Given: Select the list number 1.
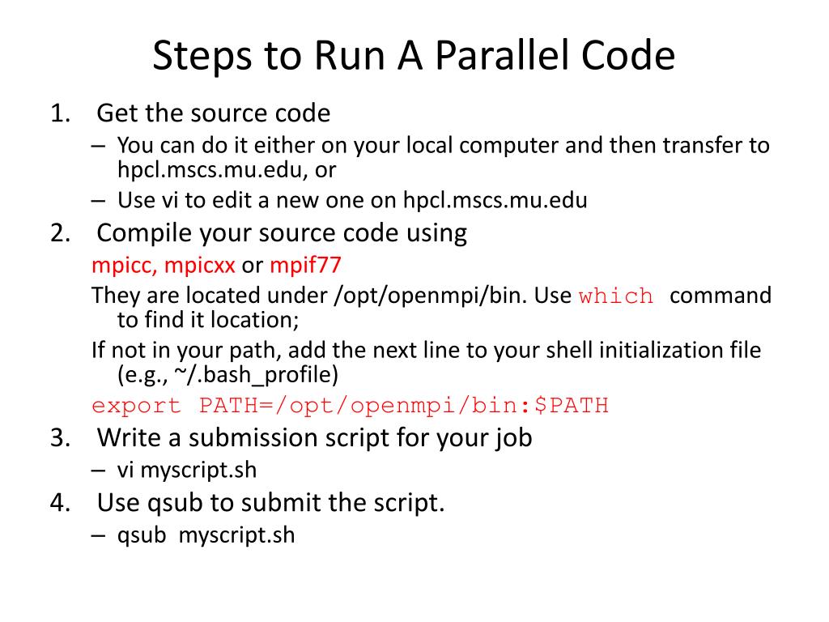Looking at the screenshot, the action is coord(59,113).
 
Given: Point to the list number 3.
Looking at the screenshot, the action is coord(59,438).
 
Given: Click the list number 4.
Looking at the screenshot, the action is coord(59,503).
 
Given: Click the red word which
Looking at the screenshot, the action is coord(616,296).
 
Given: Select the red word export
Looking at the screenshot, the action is coord(137,406).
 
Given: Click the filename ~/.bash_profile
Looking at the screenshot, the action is coord(240,375).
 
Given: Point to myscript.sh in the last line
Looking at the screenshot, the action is coord(236,535).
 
